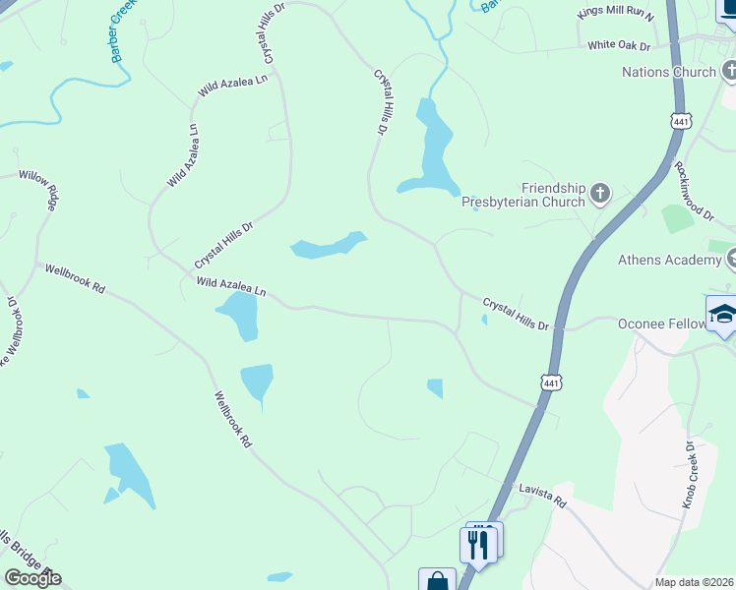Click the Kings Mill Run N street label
pyautogui.click(x=616, y=11)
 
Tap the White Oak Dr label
pyautogui.click(x=620, y=45)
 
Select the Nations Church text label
pyautogui.click(x=669, y=72)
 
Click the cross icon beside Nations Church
pyautogui.click(x=729, y=71)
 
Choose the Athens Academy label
pyautogui.click(x=669, y=260)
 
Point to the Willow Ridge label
pyautogui.click(x=38, y=193)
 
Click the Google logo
pyautogui.click(x=32, y=577)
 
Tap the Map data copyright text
pyautogui.click(x=695, y=582)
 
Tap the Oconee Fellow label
pyautogui.click(x=661, y=323)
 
